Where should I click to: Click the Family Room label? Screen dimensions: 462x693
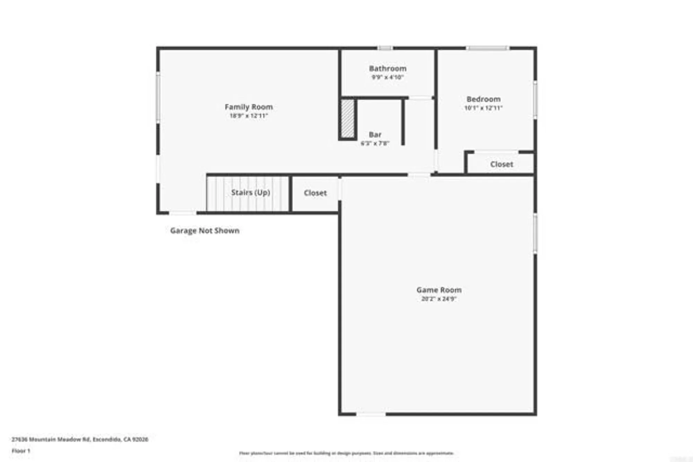coord(249,107)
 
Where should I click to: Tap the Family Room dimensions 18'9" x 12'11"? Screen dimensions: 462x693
coord(249,116)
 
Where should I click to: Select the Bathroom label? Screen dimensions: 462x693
coord(387,69)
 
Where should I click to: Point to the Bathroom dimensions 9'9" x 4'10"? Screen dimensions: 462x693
coord(387,77)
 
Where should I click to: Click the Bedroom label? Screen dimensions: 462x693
coord(483,99)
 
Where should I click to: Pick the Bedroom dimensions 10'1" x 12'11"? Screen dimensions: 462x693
coord(483,108)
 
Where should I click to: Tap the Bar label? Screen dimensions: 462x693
coord(375,135)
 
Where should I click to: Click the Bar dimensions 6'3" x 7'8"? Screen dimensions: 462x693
coord(375,143)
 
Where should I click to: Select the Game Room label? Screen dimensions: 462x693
coord(439,290)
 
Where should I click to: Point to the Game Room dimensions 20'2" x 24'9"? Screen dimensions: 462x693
coord(439,299)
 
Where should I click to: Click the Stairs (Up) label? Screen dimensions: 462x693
coord(251,193)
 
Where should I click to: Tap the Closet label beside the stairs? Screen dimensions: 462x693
coord(315,193)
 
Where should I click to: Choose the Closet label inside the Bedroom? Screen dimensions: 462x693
coord(501,164)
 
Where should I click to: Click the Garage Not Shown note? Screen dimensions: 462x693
coord(204,231)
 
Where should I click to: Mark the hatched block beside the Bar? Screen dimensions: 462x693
coord(348,118)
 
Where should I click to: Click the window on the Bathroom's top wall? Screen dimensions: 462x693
coord(385,48)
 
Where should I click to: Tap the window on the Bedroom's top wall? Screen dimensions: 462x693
coord(488,48)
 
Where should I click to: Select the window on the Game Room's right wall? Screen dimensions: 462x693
coord(535,233)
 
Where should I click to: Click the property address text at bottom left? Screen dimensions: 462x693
coord(80,439)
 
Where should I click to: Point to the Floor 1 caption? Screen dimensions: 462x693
coord(21,451)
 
